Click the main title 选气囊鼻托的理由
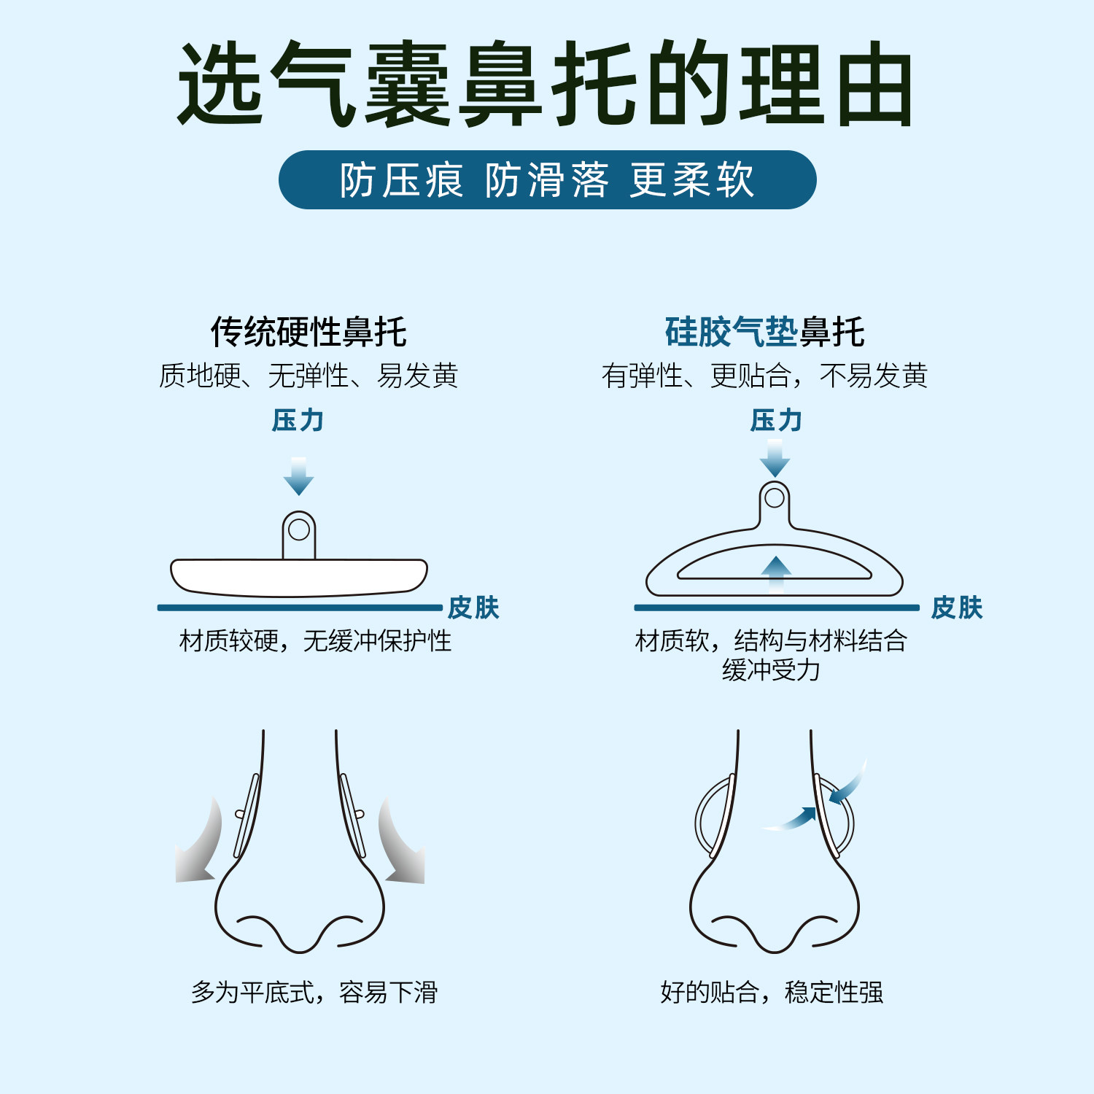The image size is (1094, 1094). tap(546, 84)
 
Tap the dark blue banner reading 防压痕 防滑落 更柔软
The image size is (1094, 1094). tap(547, 180)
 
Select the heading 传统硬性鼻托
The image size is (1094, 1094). tap(309, 333)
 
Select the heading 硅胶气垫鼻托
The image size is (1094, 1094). tap(764, 333)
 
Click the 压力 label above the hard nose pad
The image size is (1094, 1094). tap(298, 421)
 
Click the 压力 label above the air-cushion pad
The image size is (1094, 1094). tap(776, 421)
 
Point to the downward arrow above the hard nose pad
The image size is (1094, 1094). tap(298, 477)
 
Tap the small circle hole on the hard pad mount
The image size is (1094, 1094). tap(299, 529)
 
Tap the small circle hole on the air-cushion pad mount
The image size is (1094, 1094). tap(775, 498)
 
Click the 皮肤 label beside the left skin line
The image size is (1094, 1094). tap(473, 608)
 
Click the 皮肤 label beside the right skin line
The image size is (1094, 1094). tap(957, 608)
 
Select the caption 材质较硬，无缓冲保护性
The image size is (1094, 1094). tap(315, 641)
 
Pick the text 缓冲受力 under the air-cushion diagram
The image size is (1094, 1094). tap(771, 670)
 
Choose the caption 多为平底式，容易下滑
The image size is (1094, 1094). tap(314, 993)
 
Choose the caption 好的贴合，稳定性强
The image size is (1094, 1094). tap(772, 993)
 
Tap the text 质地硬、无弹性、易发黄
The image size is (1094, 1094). tap(309, 376)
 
